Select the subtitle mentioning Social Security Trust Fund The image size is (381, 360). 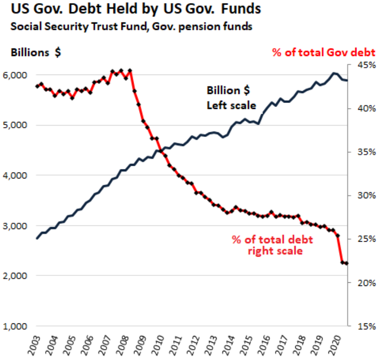tap(131, 26)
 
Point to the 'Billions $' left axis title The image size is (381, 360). tap(36, 52)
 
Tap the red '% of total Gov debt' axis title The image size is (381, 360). tap(324, 52)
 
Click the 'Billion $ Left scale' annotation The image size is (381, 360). tap(232, 98)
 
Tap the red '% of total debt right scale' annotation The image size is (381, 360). tap(272, 245)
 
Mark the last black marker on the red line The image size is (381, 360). tap(346, 263)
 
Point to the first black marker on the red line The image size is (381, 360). tap(37, 86)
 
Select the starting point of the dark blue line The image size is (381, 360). tap(37, 238)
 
